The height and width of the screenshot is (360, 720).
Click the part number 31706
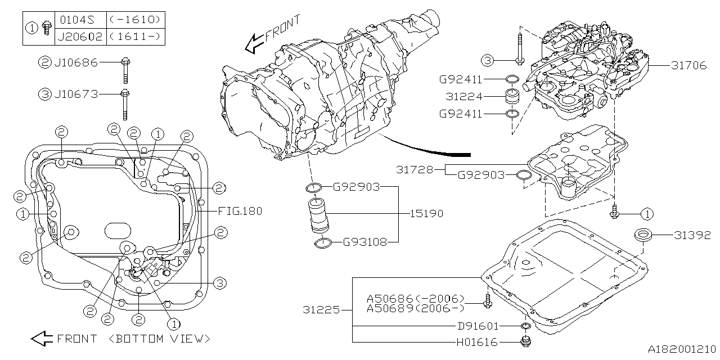(688, 65)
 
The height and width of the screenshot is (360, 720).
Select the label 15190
(426, 214)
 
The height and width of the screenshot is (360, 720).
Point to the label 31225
(321, 310)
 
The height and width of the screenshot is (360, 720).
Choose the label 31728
(415, 169)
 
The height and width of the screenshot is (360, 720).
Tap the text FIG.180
(240, 211)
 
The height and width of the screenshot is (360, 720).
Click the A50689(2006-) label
(416, 308)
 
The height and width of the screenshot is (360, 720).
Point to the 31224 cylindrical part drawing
(511, 96)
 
